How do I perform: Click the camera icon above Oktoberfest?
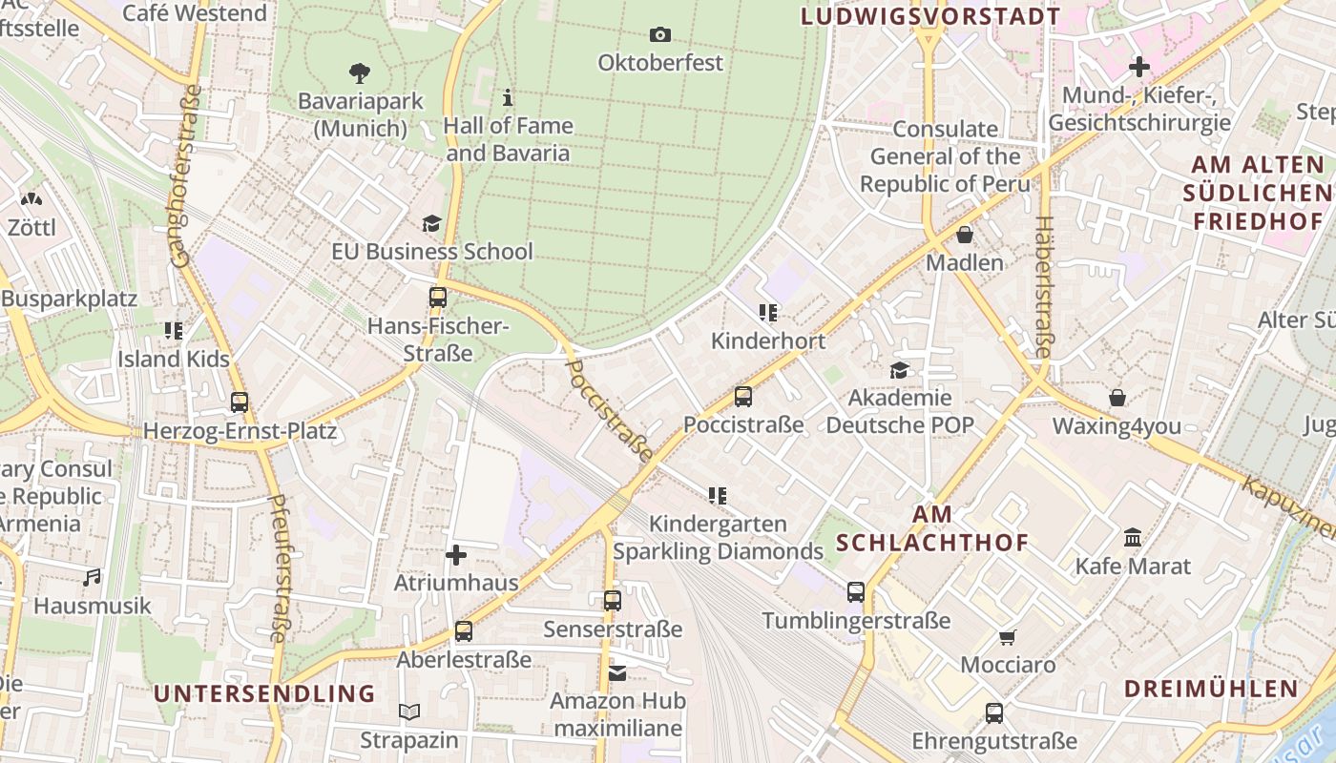tap(659, 35)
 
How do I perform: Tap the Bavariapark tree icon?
tap(360, 72)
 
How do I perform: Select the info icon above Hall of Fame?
tap(508, 97)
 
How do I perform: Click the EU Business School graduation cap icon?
tap(432, 223)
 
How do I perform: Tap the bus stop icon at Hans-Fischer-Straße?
tap(438, 297)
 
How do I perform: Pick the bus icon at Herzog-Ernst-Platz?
tap(240, 402)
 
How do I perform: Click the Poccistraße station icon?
tap(743, 396)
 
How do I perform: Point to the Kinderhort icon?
tap(768, 312)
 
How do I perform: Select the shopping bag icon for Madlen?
tap(965, 234)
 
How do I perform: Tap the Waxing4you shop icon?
tap(1117, 398)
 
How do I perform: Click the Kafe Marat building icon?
tap(1133, 538)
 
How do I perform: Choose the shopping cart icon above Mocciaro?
tap(1008, 637)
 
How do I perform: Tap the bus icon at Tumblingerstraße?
tap(856, 592)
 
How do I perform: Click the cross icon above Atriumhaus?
tap(456, 554)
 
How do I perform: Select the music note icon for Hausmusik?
tap(92, 577)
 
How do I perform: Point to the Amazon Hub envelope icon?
tap(617, 673)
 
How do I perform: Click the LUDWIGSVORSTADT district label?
tap(930, 16)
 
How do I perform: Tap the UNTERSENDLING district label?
tap(264, 693)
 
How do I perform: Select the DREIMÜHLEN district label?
tap(1211, 689)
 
